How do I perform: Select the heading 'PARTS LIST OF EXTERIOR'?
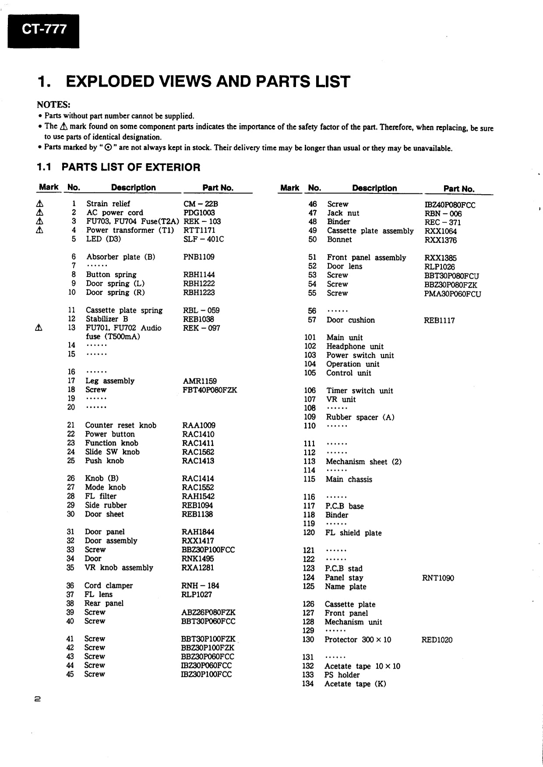(131, 167)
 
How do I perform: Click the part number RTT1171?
(199, 230)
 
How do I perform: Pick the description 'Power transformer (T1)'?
(130, 230)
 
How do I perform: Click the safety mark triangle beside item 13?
(39, 328)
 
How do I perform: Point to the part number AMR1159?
(199, 381)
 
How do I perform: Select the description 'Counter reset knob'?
(121, 425)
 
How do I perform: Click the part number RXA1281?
(197, 568)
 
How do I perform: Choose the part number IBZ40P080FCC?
(450, 205)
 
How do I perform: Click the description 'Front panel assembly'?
(367, 258)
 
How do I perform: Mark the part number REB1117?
(439, 320)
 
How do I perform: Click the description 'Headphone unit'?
(355, 347)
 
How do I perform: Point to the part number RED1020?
(437, 640)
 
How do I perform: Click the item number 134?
(308, 684)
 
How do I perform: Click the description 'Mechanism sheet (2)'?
(363, 462)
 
